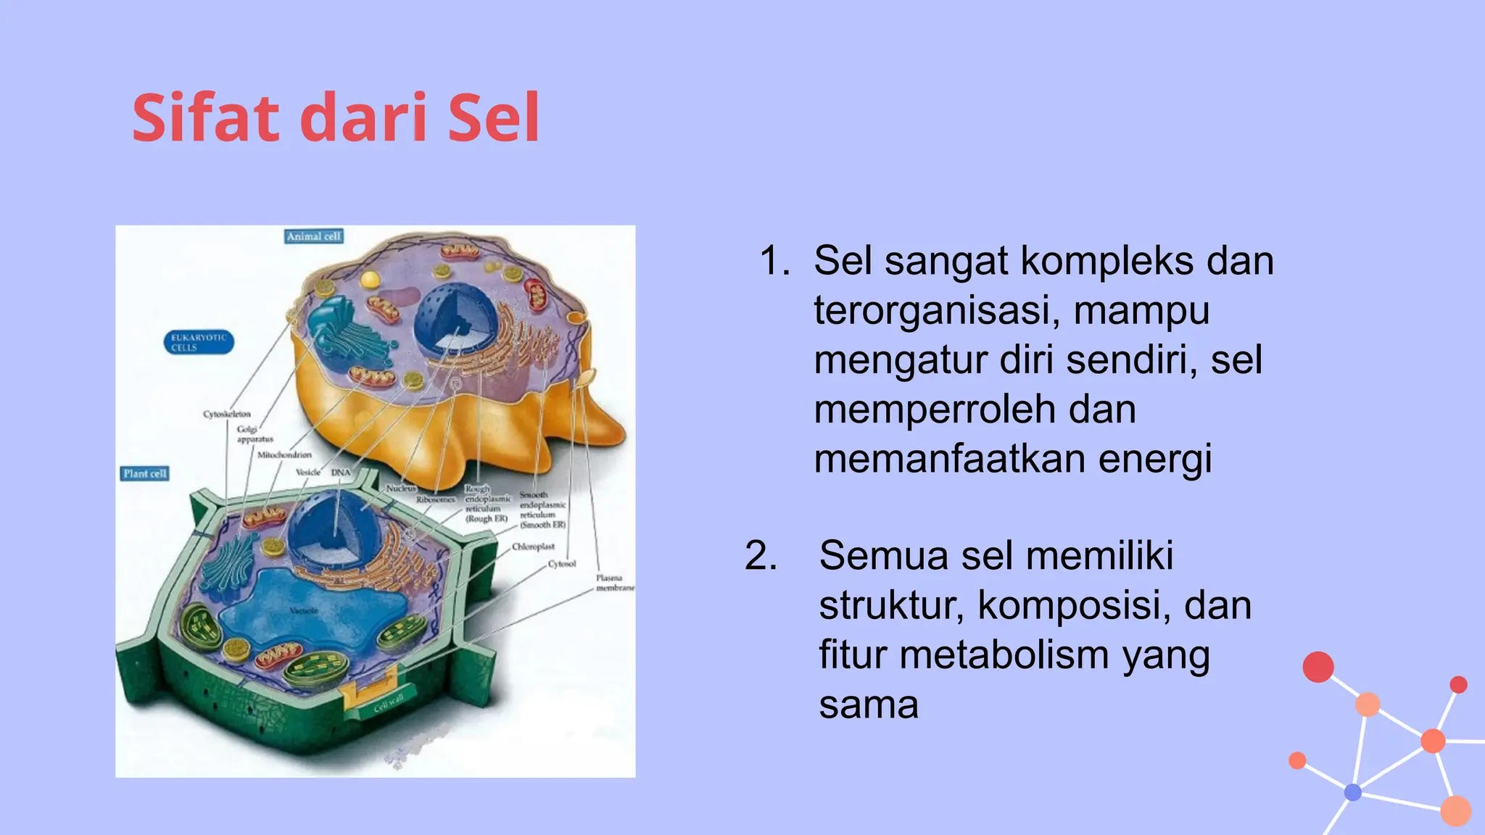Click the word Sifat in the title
click(x=205, y=118)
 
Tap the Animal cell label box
click(x=313, y=236)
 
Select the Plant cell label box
click(x=144, y=473)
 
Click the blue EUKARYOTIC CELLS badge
click(x=199, y=342)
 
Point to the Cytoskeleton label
click(x=226, y=415)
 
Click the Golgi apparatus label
click(x=255, y=433)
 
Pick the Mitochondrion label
click(x=284, y=454)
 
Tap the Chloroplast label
click(x=533, y=547)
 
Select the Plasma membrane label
click(x=613, y=583)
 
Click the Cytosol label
click(x=561, y=563)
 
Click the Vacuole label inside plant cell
click(x=304, y=610)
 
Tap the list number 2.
click(x=761, y=556)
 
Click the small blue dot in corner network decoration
click(x=1352, y=792)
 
